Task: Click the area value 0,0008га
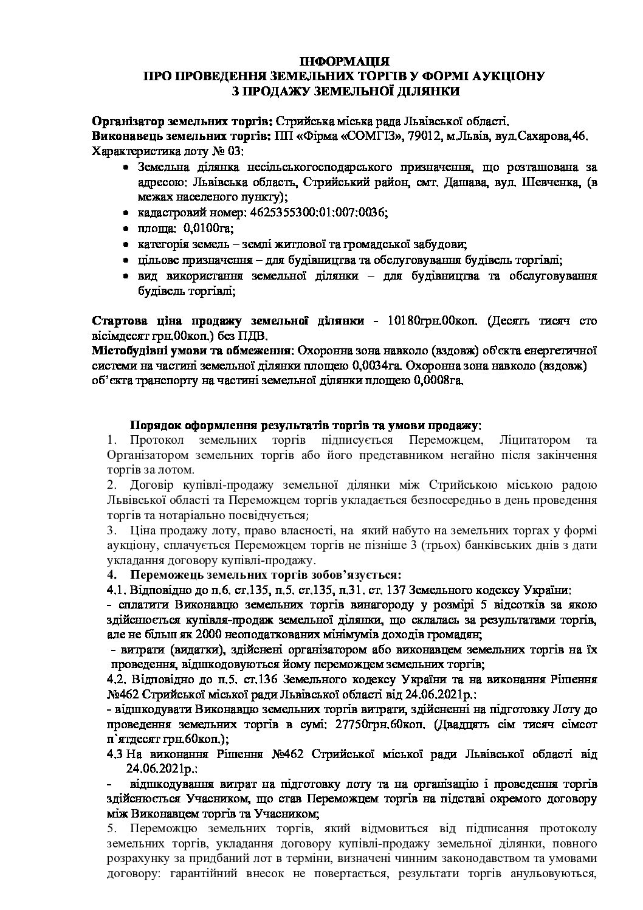pos(436,381)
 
